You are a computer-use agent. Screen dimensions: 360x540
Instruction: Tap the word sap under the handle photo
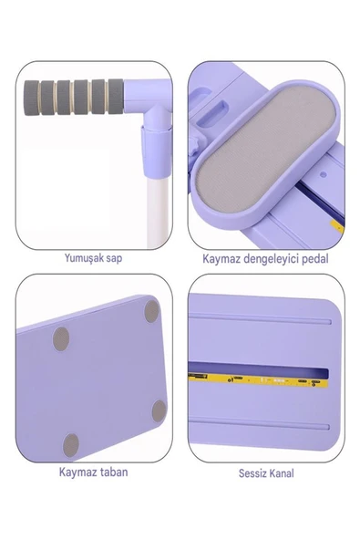click(114, 259)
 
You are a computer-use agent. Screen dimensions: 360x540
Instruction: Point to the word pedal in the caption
click(315, 259)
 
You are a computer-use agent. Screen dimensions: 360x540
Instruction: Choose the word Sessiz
click(252, 473)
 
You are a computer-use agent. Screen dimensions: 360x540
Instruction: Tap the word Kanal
click(281, 473)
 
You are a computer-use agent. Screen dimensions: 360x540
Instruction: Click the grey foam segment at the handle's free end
click(31, 97)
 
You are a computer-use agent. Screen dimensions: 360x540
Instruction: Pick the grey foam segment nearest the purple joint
click(116, 96)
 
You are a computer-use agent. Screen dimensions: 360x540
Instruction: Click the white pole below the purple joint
click(158, 213)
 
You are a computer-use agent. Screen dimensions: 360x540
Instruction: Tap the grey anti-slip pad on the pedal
click(264, 147)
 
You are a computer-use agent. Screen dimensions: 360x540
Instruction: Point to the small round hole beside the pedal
click(323, 174)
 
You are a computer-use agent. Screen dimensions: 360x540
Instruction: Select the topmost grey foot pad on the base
click(151, 311)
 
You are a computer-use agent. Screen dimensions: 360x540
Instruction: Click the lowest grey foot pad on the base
click(71, 445)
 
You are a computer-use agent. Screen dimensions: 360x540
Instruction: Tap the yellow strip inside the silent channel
click(258, 379)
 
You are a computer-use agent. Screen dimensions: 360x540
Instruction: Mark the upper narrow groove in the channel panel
click(260, 319)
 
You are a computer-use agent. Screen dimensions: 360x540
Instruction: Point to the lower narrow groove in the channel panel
click(259, 423)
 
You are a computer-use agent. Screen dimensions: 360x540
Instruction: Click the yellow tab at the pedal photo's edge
click(337, 226)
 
